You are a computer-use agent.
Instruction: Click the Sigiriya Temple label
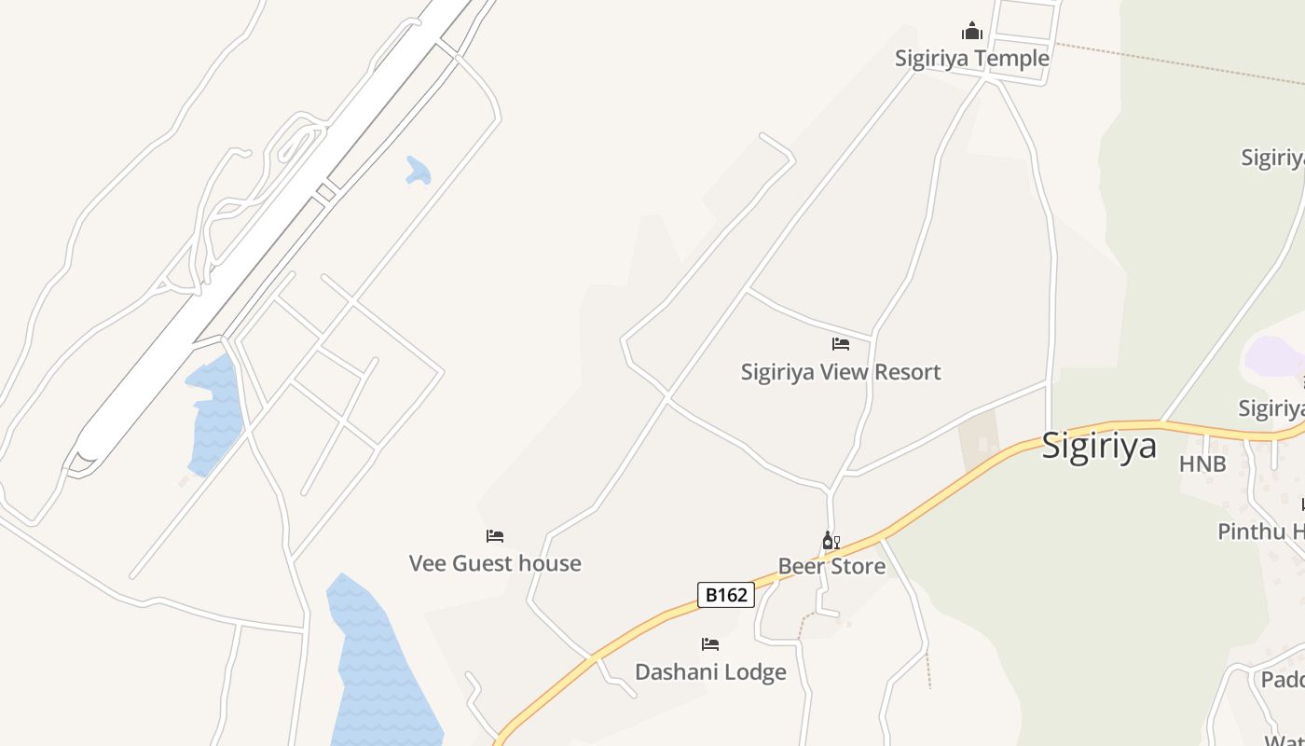[971, 58]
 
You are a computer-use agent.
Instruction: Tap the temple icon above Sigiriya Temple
[972, 32]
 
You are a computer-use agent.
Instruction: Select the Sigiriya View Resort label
[841, 372]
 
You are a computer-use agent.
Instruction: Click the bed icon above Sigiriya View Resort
[841, 344]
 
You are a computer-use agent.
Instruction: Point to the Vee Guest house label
[495, 563]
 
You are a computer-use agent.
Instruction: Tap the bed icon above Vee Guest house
[495, 536]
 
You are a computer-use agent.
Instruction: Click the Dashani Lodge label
[710, 671]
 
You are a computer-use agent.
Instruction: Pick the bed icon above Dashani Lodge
[710, 644]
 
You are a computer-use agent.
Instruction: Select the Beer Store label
[831, 566]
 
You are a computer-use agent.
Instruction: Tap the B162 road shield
[726, 595]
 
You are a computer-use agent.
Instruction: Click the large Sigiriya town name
[1098, 446]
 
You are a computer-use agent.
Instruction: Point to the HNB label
[1202, 464]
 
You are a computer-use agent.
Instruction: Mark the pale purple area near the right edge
[1274, 355]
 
